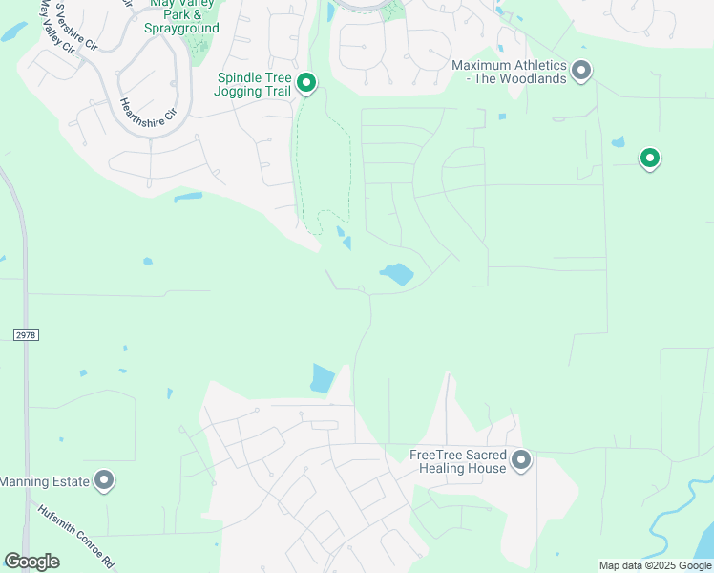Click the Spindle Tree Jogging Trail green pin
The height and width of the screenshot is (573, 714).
306,83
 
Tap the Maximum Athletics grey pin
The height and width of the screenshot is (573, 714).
581,70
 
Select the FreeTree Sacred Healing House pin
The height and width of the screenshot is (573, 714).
521,460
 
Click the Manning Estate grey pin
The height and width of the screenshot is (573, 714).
105,480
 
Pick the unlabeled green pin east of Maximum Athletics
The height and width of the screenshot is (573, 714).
650,158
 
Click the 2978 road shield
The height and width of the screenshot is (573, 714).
26,335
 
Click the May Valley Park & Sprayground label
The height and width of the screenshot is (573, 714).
184,16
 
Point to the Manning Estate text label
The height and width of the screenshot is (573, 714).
45,481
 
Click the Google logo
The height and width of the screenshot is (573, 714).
31,562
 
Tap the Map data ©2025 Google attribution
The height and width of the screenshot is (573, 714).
655,565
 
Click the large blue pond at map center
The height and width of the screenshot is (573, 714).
397,274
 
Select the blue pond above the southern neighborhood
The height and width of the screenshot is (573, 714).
323,378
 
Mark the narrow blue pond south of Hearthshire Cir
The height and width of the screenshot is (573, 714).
188,198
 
